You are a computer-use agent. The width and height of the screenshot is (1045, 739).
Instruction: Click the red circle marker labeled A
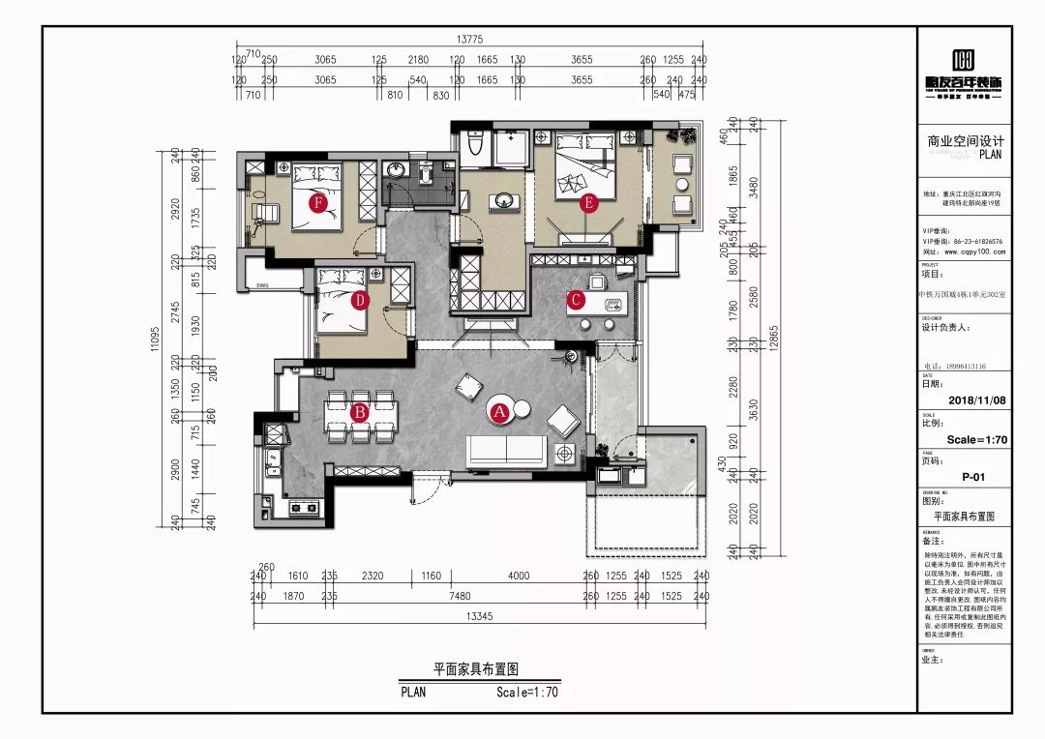click(x=500, y=410)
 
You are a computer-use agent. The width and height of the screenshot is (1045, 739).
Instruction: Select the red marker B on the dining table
click(x=359, y=413)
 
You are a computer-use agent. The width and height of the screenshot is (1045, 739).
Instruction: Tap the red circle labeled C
click(x=576, y=300)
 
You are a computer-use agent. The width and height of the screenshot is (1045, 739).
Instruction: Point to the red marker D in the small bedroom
click(x=359, y=301)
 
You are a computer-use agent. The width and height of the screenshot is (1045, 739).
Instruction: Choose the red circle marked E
click(x=586, y=203)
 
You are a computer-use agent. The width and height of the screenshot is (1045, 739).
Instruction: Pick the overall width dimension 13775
click(x=470, y=40)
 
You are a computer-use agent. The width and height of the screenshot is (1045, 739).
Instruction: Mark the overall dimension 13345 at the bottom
click(x=480, y=616)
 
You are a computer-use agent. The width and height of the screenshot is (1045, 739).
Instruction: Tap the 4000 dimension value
click(x=519, y=576)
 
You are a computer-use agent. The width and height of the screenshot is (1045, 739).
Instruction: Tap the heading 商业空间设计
click(x=966, y=141)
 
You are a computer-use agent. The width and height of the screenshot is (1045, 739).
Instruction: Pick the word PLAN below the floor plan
click(x=412, y=692)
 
